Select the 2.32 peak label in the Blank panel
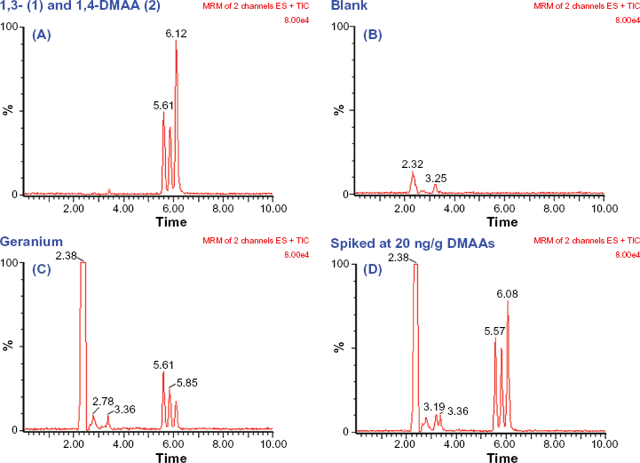click(x=413, y=164)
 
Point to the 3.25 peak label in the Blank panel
click(x=436, y=179)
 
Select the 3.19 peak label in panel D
click(x=434, y=407)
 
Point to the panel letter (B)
click(x=373, y=36)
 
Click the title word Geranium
click(x=30, y=241)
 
